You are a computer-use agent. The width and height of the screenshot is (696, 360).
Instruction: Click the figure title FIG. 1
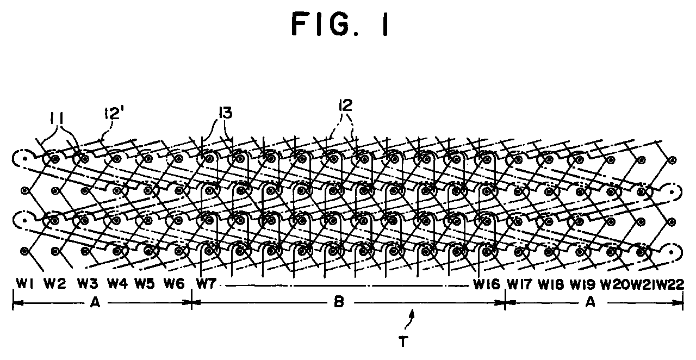click(340, 24)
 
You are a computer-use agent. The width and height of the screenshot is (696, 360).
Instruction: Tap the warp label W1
click(26, 283)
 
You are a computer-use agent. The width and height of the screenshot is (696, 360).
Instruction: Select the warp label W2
click(55, 283)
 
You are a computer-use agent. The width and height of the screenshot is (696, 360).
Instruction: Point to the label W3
click(88, 283)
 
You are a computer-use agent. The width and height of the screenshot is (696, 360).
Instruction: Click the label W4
click(117, 283)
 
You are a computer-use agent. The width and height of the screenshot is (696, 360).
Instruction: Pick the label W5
click(145, 283)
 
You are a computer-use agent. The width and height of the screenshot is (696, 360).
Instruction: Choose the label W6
click(174, 283)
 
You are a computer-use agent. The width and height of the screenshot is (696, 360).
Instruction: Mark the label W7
click(206, 283)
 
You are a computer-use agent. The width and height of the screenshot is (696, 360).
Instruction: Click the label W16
click(487, 284)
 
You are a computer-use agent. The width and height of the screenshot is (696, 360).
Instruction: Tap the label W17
click(520, 284)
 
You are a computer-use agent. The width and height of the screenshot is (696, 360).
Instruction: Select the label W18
click(551, 284)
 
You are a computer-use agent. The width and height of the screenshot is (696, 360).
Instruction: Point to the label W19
click(582, 284)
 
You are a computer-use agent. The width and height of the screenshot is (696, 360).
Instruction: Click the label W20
click(615, 284)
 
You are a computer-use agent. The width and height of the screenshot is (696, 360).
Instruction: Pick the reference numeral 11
click(58, 119)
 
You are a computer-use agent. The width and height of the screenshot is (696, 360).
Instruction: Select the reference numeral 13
click(226, 113)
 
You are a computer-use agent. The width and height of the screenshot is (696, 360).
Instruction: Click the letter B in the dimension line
click(339, 302)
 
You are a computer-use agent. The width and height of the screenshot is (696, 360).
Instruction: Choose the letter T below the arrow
click(403, 342)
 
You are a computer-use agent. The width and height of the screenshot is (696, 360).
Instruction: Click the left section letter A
click(95, 302)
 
